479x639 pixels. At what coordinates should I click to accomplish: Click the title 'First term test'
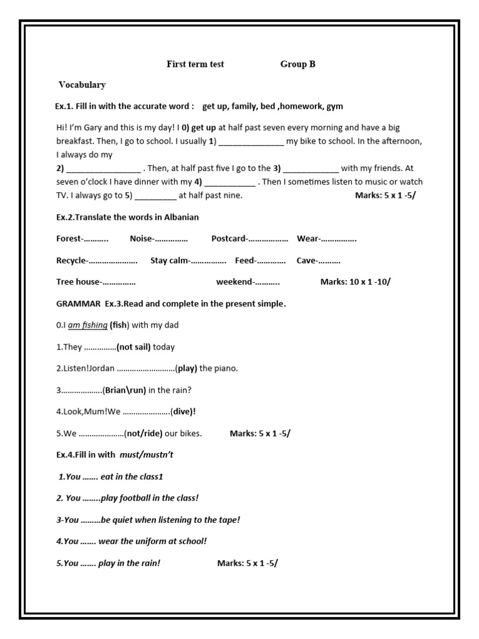[x=195, y=64]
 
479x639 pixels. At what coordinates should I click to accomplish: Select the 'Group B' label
[x=298, y=64]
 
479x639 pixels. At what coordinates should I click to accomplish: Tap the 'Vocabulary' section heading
[x=82, y=85]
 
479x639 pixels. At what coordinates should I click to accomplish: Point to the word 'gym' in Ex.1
[x=335, y=107]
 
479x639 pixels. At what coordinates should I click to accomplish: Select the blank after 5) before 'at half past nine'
[x=155, y=196]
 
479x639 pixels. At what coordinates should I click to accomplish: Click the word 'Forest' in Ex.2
[x=69, y=238]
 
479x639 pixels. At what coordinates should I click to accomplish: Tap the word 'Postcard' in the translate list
[x=228, y=238]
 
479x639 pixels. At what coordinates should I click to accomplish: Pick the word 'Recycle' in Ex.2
[x=71, y=260]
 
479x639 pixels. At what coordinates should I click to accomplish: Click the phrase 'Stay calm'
[x=169, y=260]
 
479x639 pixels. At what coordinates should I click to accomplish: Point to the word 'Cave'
[x=306, y=260]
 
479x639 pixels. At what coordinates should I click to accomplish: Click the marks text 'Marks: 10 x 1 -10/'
[x=355, y=282]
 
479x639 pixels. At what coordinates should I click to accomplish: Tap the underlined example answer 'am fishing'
[x=87, y=325]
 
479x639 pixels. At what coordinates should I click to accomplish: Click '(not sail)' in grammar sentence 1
[x=133, y=347]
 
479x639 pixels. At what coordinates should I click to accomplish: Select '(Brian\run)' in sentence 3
[x=124, y=390]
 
